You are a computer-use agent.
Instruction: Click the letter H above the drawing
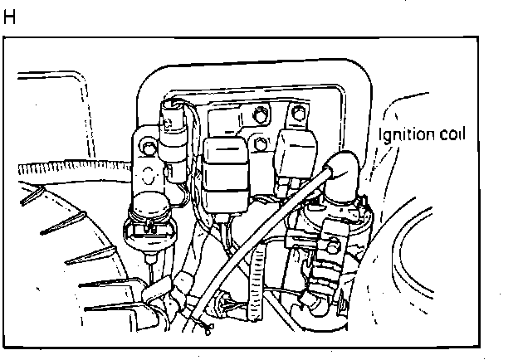tap(10, 17)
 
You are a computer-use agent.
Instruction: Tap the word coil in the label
tap(452, 134)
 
